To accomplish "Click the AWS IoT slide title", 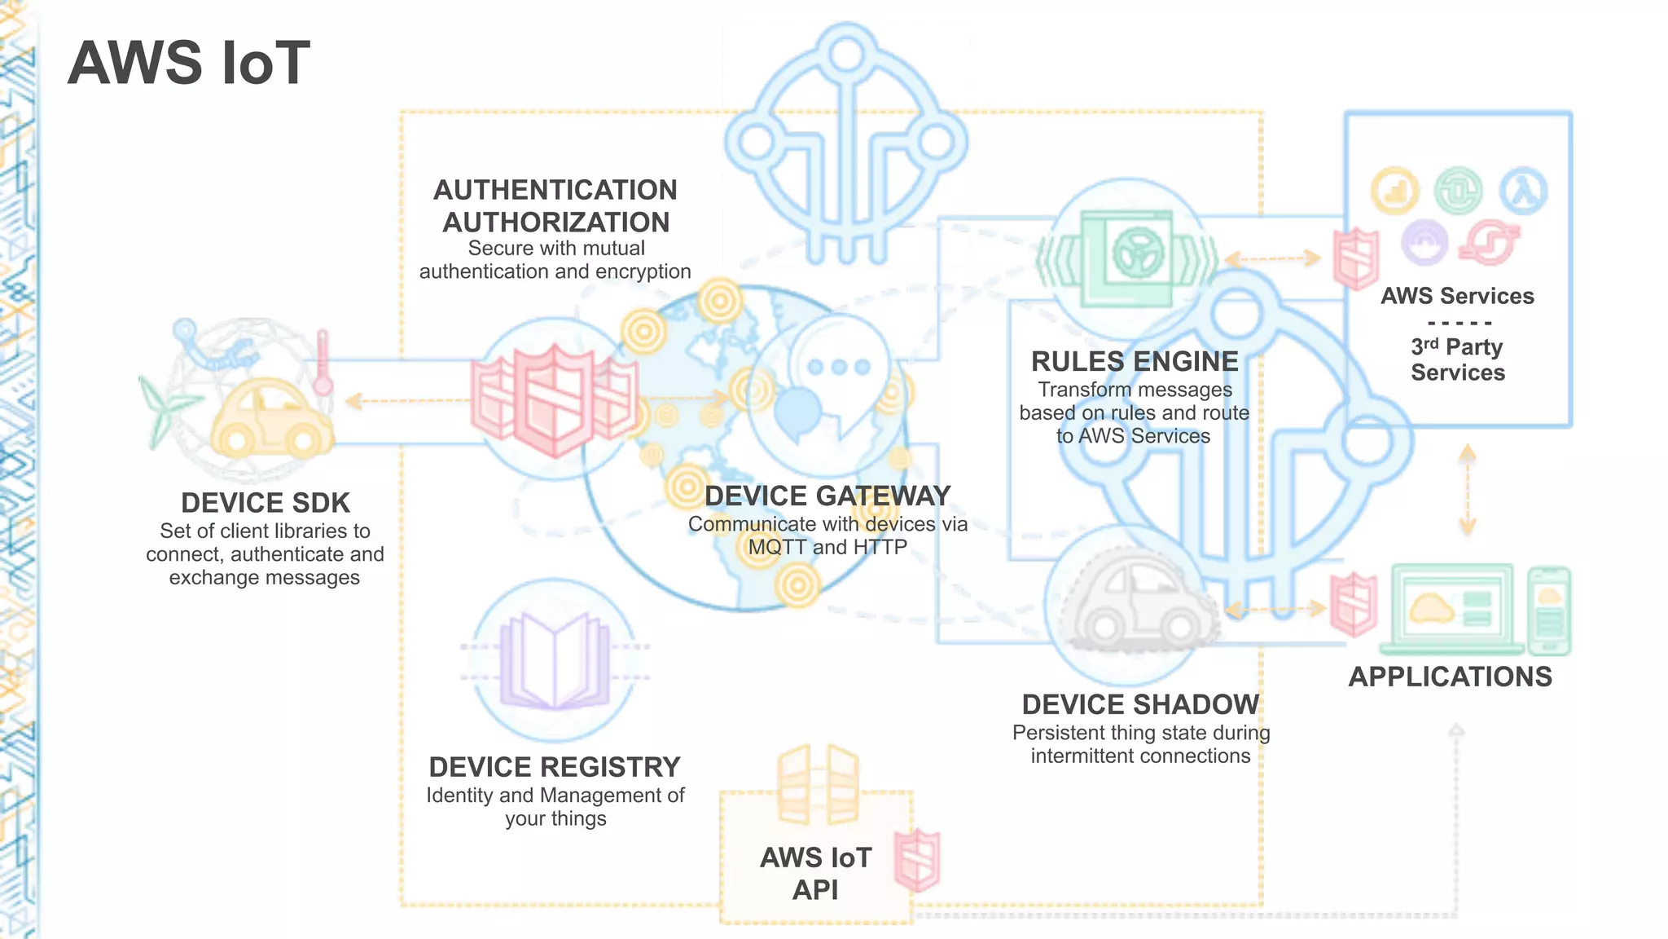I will [189, 63].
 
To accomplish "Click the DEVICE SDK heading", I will [266, 503].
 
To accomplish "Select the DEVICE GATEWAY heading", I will [827, 496].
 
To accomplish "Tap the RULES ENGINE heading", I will [1135, 361].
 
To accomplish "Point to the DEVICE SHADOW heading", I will [1140, 704].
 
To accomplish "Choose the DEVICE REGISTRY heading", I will [555, 767].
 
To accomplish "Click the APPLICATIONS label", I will [1451, 677].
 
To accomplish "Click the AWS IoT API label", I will [815, 873].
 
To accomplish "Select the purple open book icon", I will [555, 660].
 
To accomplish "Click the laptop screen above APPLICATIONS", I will [1452, 608].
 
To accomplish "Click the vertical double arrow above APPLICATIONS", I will [1468, 489].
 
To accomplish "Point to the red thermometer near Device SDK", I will [323, 363].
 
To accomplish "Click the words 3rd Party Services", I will [1458, 359].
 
